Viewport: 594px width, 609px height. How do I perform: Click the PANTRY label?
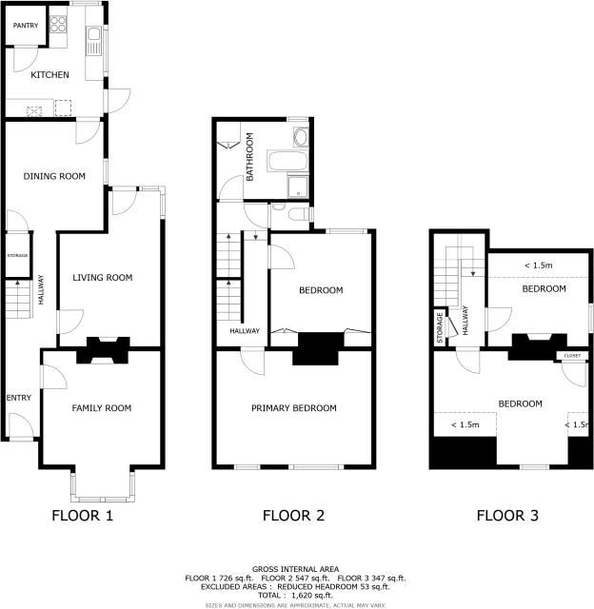pyautogui.click(x=25, y=26)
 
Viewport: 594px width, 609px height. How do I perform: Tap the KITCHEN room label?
pyautogui.click(x=49, y=74)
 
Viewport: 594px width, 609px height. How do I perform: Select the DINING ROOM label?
pyautogui.click(x=54, y=176)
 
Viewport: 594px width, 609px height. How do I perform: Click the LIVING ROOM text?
pyautogui.click(x=102, y=278)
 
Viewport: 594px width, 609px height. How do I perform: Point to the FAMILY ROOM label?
pyautogui.click(x=101, y=408)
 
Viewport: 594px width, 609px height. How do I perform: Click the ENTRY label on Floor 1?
pyautogui.click(x=18, y=398)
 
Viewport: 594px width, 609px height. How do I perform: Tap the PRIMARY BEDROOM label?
pyautogui.click(x=293, y=408)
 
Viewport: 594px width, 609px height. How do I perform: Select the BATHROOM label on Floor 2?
pyautogui.click(x=250, y=158)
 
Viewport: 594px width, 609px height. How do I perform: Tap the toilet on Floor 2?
pyautogui.click(x=298, y=214)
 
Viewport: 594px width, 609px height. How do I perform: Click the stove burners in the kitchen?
pyautogui.click(x=57, y=23)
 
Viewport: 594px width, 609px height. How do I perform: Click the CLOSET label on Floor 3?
pyautogui.click(x=571, y=356)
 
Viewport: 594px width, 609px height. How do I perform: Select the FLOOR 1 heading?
pyautogui.click(x=83, y=517)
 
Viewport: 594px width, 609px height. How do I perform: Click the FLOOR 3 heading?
pyautogui.click(x=507, y=517)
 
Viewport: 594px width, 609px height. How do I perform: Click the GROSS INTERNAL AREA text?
pyautogui.click(x=296, y=567)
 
